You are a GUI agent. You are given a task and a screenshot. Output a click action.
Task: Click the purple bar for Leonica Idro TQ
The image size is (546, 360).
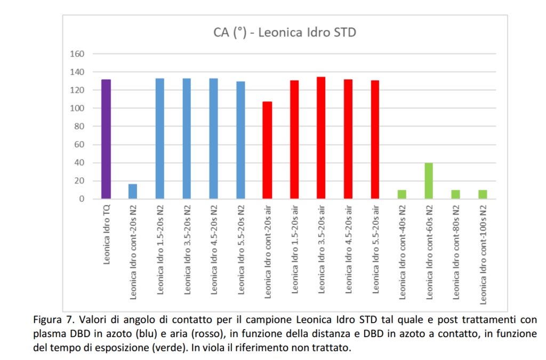[106, 139]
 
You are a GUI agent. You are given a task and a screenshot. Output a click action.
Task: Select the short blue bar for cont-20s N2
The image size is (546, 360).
[133, 191]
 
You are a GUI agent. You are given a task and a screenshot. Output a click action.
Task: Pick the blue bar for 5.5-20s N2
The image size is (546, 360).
[240, 140]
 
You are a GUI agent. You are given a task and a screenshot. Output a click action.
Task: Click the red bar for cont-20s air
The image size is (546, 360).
[267, 150]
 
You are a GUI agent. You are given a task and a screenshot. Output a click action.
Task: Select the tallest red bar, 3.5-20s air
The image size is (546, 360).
[321, 138]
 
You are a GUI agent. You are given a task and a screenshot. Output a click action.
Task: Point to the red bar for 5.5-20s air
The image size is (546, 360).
[375, 140]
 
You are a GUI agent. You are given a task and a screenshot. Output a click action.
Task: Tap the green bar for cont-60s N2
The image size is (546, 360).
[429, 181]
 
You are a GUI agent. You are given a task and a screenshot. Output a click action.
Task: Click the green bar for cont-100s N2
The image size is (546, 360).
[483, 195]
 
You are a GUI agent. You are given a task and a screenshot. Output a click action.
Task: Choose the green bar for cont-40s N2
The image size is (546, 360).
[402, 195]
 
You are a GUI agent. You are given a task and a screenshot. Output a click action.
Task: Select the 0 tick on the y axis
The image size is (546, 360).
[82, 199]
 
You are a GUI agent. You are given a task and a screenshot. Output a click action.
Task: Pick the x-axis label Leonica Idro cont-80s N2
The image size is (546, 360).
[456, 253]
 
